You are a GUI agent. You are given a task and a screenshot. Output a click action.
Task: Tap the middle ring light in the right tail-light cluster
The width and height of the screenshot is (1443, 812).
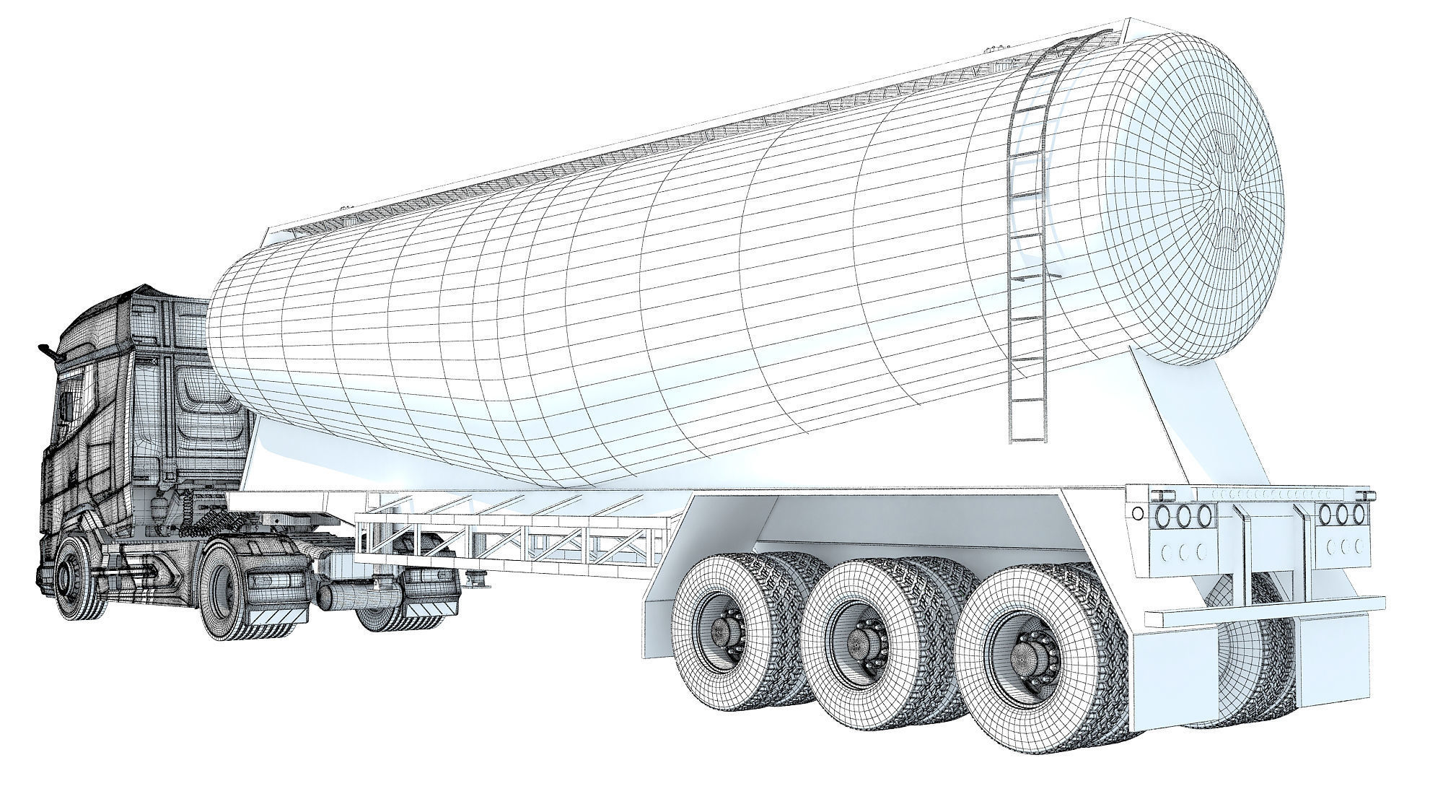pos(1343,514)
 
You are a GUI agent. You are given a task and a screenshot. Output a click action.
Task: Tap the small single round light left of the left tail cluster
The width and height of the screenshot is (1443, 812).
pos(1138,513)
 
